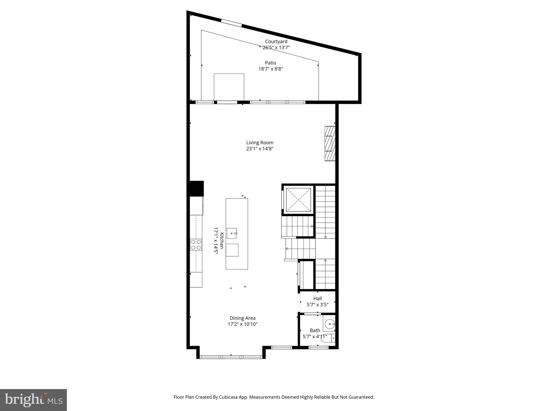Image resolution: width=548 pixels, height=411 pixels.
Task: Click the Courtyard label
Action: point(276,41)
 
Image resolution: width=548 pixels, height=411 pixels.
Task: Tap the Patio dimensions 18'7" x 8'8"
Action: point(271,69)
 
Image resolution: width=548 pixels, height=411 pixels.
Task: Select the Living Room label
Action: point(260,143)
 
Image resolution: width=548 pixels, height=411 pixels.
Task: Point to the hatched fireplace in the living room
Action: point(330,143)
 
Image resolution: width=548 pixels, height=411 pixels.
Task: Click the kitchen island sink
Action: point(232,233)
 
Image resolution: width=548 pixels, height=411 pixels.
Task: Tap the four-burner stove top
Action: point(196,245)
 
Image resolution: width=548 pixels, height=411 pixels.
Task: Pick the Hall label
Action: point(318,298)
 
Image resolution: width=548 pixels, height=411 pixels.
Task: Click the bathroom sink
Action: point(330,324)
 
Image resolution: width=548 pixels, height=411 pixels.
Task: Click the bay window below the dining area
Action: point(231,357)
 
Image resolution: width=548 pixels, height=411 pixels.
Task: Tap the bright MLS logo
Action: point(33,400)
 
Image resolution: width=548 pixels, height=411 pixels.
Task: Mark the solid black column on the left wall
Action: point(197,189)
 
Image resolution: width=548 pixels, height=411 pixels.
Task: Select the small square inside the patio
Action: point(229,87)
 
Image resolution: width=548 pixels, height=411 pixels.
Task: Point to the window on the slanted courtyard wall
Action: point(231,23)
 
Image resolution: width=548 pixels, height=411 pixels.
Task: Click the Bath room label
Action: point(315,330)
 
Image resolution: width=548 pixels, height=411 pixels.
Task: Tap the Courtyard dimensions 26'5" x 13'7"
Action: point(276,48)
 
